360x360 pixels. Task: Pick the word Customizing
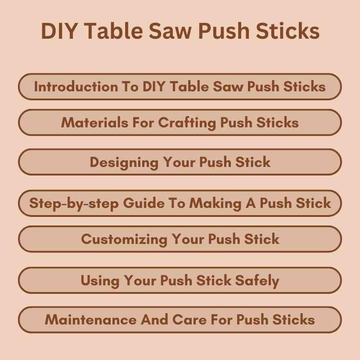125,239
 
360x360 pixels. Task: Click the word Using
99,281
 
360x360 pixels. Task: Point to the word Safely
257,281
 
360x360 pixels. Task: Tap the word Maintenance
90,320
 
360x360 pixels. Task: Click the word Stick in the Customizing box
261,239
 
